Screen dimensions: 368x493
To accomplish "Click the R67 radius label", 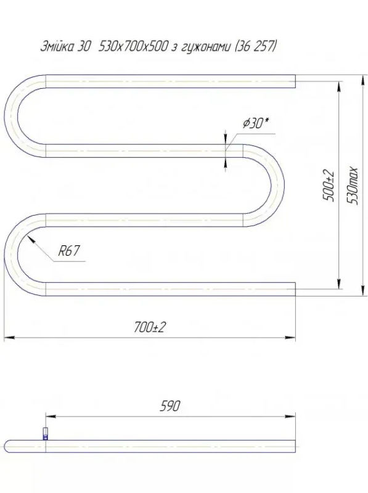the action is (69, 251).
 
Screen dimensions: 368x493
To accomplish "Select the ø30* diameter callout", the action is (256, 123).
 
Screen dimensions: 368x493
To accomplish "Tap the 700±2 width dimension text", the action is (150, 328).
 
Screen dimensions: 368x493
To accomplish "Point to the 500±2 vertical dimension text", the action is (328, 185).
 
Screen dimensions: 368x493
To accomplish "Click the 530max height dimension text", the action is (354, 185).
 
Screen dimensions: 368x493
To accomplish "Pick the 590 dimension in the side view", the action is (170, 406).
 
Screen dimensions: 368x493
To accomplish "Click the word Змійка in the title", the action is (57, 47).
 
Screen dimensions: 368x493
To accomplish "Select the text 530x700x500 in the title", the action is (132, 47).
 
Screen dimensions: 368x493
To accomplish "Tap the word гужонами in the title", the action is (206, 47).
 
